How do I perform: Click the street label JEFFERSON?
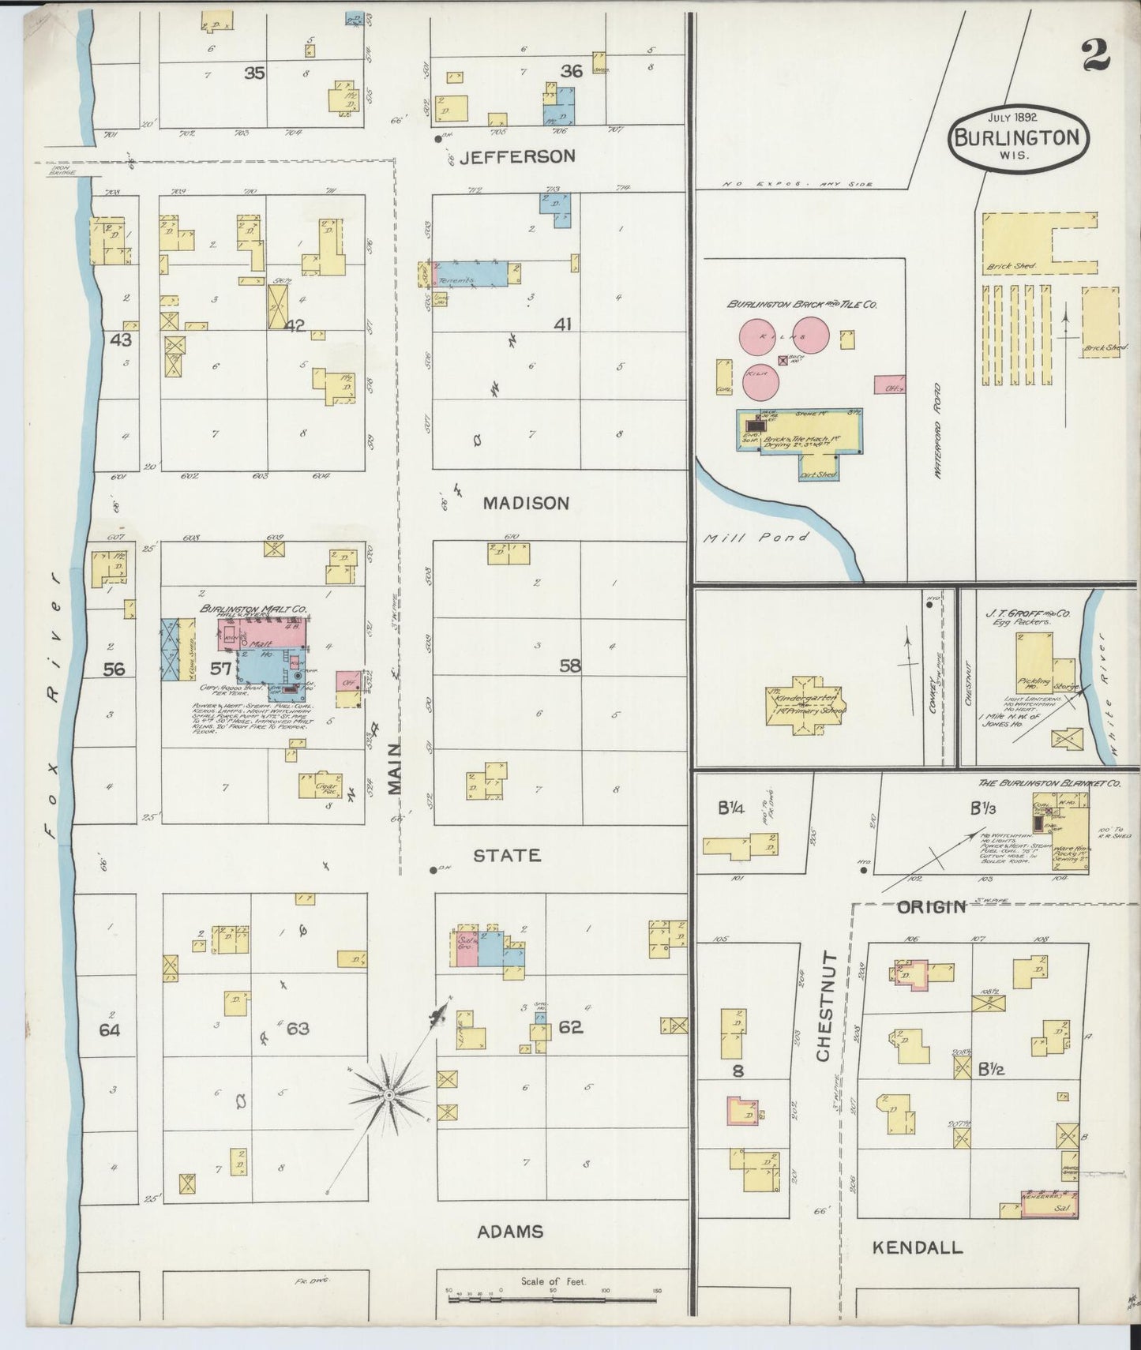[517, 156]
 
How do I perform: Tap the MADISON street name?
[526, 503]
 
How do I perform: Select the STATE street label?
[506, 855]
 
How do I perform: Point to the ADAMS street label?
[509, 1231]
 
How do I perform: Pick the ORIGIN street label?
[932, 906]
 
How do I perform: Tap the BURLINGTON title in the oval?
[1016, 137]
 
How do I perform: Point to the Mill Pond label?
[757, 538]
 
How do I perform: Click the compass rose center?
[388, 1096]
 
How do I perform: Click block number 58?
[569, 666]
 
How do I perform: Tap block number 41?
[562, 324]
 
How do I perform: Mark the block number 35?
[253, 73]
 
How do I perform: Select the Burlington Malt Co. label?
[253, 609]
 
